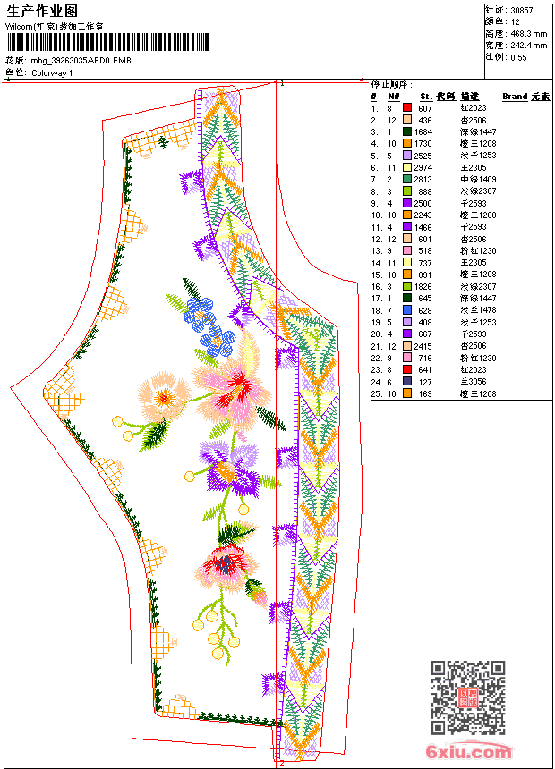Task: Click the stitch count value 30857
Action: [x=522, y=10]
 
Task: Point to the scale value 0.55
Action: [x=518, y=56]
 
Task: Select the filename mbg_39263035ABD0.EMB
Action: [x=81, y=60]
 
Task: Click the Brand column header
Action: [x=515, y=96]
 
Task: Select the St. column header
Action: [x=426, y=96]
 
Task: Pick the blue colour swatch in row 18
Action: [x=407, y=310]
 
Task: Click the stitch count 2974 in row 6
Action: [x=424, y=167]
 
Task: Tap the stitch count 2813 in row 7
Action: [x=424, y=179]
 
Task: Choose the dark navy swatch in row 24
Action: [x=407, y=382]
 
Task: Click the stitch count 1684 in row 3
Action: [x=424, y=131]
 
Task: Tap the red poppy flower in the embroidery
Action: [x=224, y=562]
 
